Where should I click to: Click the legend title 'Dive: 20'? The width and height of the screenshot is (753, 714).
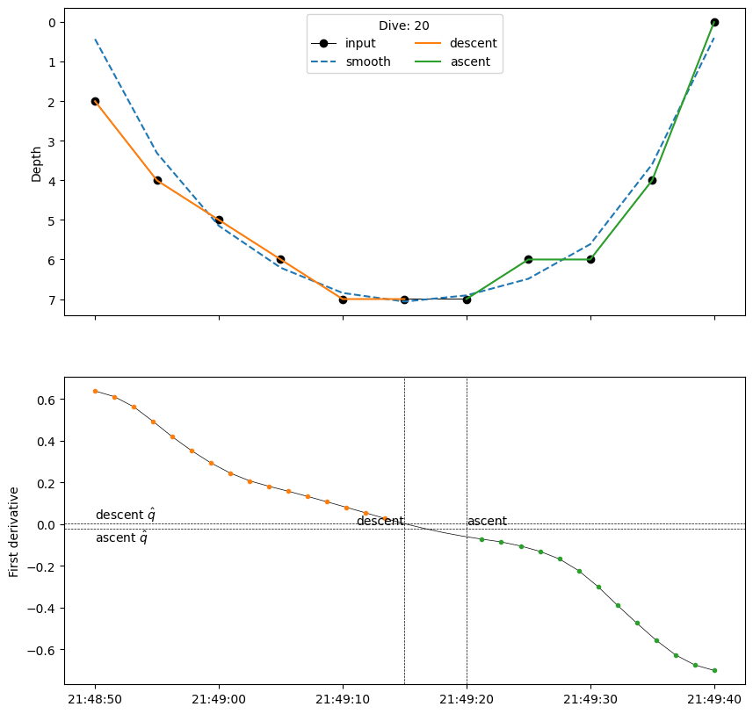click(404, 26)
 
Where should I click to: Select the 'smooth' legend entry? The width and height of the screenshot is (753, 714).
click(367, 61)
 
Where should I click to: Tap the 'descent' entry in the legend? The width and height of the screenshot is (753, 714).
click(473, 43)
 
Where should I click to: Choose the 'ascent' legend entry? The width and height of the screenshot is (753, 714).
click(469, 61)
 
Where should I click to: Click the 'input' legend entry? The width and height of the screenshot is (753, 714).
click(359, 43)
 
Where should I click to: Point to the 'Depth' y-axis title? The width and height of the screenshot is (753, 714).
click(36, 163)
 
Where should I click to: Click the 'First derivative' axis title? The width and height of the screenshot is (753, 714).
click(13, 530)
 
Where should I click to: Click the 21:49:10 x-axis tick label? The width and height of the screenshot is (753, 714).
click(343, 700)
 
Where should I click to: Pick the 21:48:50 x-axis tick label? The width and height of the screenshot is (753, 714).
click(95, 700)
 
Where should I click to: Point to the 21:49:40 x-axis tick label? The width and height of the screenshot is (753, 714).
click(714, 700)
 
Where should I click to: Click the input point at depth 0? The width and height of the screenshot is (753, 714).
click(714, 22)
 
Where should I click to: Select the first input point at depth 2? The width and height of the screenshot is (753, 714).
click(95, 101)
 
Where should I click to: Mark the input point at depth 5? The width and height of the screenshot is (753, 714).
click(219, 220)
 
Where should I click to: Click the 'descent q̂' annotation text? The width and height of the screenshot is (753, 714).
click(126, 515)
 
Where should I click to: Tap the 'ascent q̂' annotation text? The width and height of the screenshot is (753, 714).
click(121, 537)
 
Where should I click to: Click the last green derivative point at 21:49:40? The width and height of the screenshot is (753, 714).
click(714, 670)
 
